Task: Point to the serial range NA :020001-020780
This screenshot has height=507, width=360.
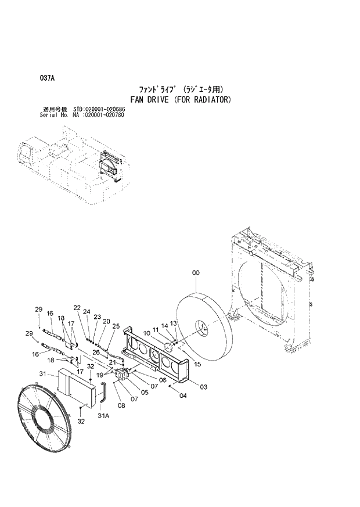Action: (98, 115)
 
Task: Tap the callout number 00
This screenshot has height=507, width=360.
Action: (196, 271)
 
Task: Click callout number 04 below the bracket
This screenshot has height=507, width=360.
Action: (183, 396)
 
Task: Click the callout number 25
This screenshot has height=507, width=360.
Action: (116, 326)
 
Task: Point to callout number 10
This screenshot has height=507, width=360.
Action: (147, 333)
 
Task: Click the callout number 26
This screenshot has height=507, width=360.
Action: (96, 352)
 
